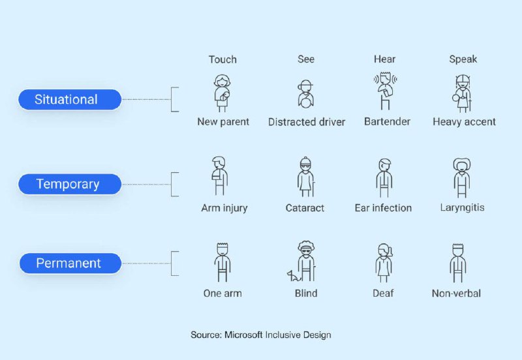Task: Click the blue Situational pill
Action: pos(70,100)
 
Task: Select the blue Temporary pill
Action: pos(70,184)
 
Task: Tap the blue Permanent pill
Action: pos(70,263)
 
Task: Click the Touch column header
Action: pos(223,59)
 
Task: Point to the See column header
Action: pos(306,59)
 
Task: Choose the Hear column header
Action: pos(384,59)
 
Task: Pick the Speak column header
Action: pos(463,59)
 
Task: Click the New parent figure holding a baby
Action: pos(223,93)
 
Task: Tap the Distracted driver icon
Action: pos(305,94)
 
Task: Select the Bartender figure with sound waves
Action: pos(385,91)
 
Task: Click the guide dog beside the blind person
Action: pos(294,276)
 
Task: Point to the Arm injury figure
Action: pos(220,176)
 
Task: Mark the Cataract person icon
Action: pos(306,177)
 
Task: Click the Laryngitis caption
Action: pos(462,208)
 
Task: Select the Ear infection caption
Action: pos(383,208)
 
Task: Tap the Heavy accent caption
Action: pos(464,122)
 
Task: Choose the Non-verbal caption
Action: pos(456,293)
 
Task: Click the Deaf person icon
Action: pos(384,263)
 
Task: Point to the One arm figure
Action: pos(223,263)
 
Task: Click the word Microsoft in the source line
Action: pos(243,335)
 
